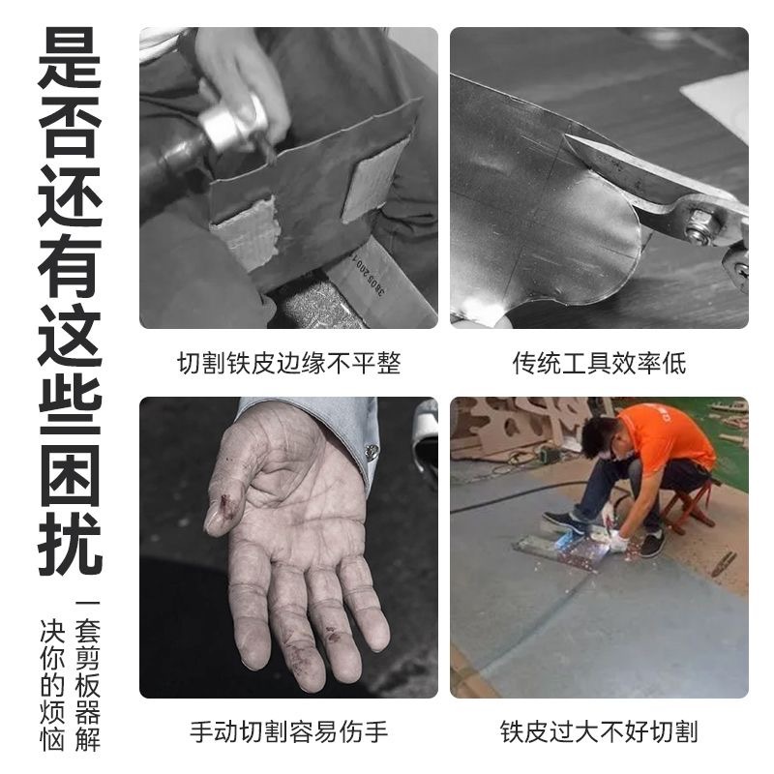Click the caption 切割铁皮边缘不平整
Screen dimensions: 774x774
(x=288, y=364)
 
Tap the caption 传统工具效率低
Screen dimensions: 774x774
(x=599, y=364)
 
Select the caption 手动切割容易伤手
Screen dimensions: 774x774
(x=288, y=731)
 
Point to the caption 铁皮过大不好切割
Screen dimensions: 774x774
(x=599, y=731)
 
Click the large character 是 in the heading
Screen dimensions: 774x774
(x=70, y=58)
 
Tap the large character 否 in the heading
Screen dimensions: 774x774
(x=70, y=127)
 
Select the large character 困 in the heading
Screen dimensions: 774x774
(x=70, y=475)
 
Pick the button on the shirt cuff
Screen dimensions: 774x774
(x=372, y=451)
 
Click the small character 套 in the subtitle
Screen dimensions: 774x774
(x=87, y=632)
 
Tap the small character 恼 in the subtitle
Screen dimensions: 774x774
(x=52, y=738)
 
